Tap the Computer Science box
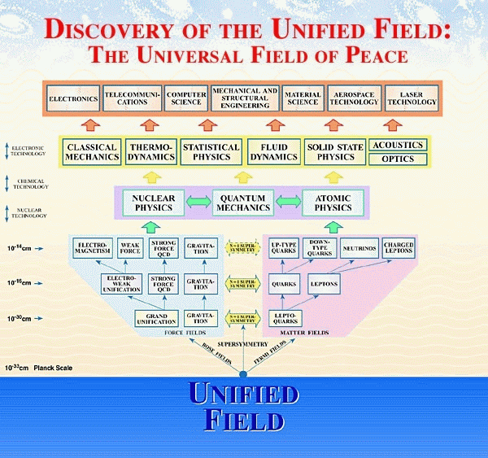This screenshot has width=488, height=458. point(186,99)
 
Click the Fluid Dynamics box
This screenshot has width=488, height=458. point(268,152)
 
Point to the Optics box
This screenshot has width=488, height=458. point(398,159)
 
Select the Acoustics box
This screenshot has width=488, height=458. point(398,145)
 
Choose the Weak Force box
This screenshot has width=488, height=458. point(130,249)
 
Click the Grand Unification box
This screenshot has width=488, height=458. point(156,318)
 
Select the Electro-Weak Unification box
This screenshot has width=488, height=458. point(123,284)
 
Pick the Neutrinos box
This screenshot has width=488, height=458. point(358,249)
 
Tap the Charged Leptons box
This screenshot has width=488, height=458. point(399,249)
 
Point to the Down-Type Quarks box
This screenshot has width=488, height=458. point(319,249)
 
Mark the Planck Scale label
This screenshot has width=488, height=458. point(52,367)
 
